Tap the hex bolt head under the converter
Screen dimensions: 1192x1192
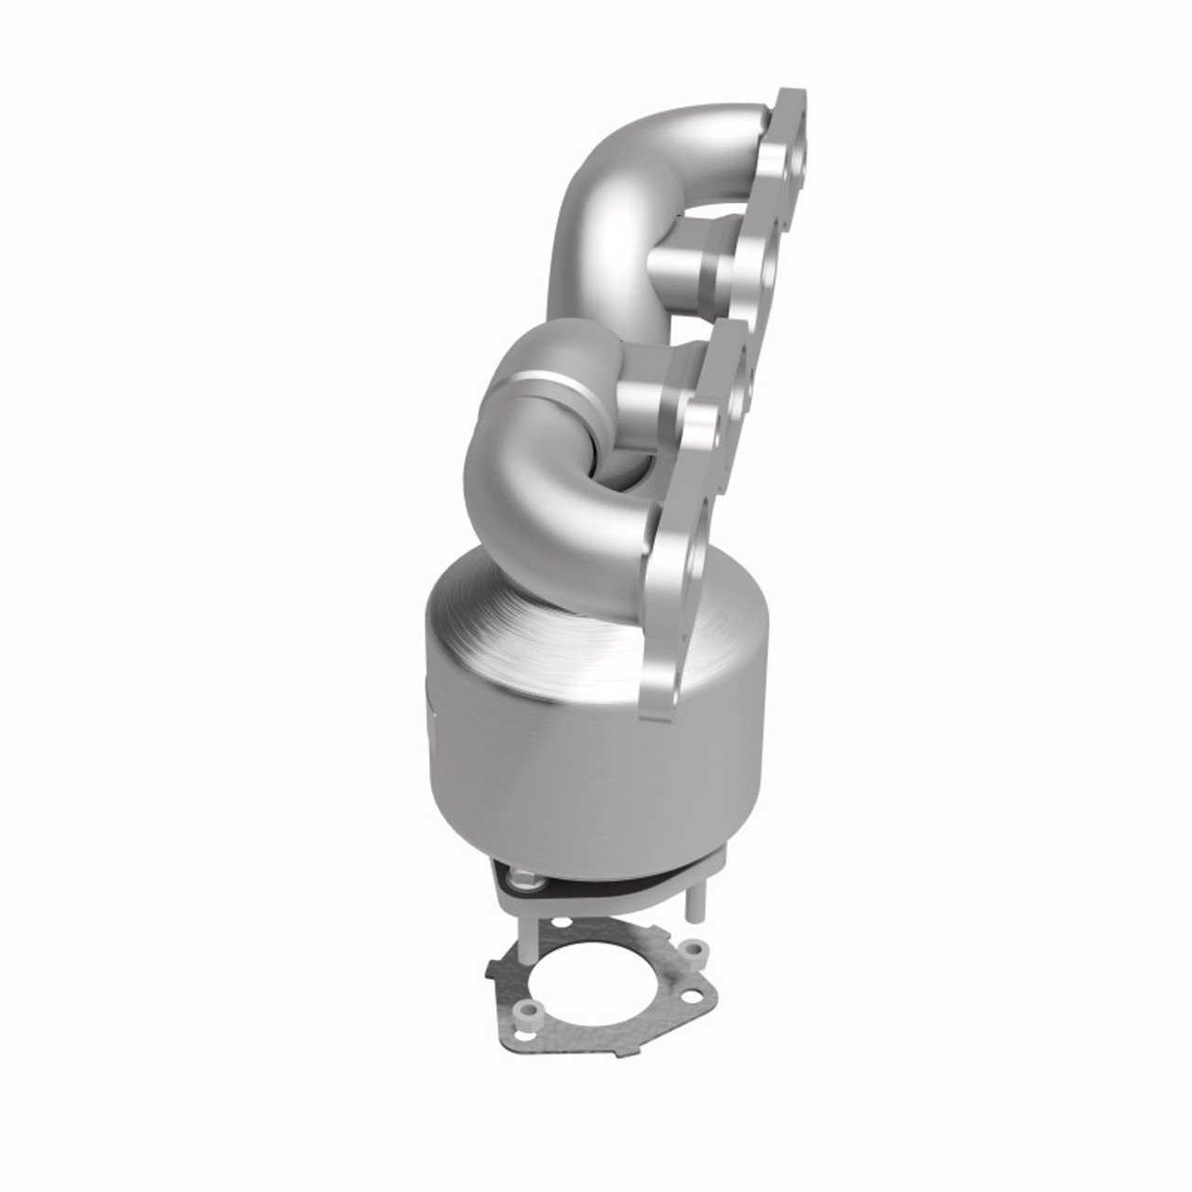pos(523,877)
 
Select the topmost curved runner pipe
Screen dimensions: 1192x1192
pos(643,186)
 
